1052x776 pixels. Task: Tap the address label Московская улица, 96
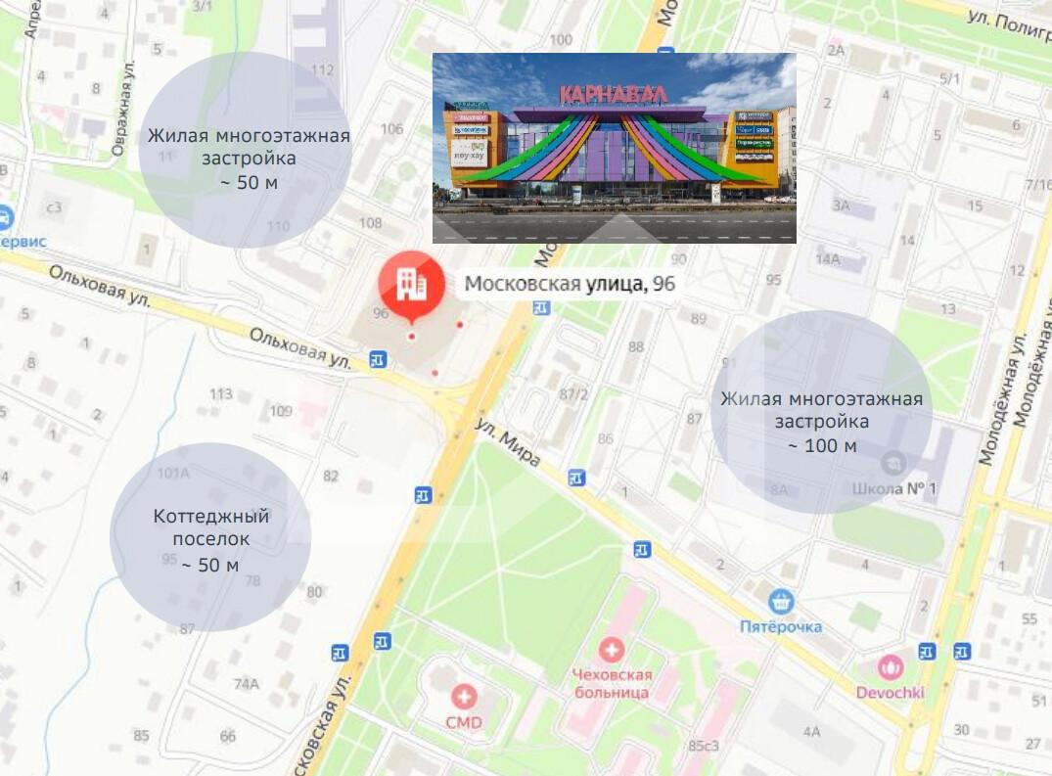[570, 285]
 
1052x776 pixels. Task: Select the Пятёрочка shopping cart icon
[780, 600]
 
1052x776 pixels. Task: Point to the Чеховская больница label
[612, 683]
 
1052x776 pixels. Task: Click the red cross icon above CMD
[465, 697]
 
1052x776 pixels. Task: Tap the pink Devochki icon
[891, 667]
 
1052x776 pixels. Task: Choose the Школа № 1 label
[894, 487]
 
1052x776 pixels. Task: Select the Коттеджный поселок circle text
[210, 539]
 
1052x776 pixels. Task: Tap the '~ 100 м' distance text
[822, 446]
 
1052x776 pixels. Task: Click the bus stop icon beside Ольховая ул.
[378, 359]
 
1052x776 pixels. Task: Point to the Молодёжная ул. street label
[1002, 400]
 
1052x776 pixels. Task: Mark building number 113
[221, 394]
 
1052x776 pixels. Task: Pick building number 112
[322, 69]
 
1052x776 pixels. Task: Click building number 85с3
[703, 746]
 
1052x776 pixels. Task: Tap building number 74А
[246, 684]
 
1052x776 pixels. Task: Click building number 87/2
[573, 394]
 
